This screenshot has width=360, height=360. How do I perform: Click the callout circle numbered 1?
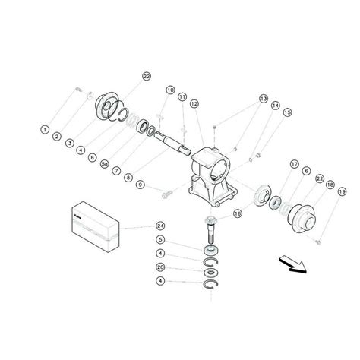pyautogui.click(x=46, y=130)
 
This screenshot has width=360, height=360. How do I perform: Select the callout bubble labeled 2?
pyautogui.click(x=58, y=137)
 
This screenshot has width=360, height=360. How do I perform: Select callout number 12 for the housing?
pyautogui.click(x=194, y=103)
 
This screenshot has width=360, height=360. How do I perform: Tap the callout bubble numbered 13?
pyautogui.click(x=264, y=99)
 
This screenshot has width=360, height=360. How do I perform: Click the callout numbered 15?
pyautogui.click(x=287, y=113)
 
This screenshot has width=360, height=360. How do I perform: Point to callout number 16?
pyautogui.click(x=238, y=215)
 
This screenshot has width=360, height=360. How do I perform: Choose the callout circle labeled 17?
pyautogui.click(x=293, y=164)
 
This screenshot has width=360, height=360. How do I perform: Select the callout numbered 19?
pyautogui.click(x=341, y=192)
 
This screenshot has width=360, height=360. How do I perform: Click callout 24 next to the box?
pyautogui.click(x=160, y=226)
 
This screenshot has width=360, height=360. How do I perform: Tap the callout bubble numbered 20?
pyautogui.click(x=160, y=267)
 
